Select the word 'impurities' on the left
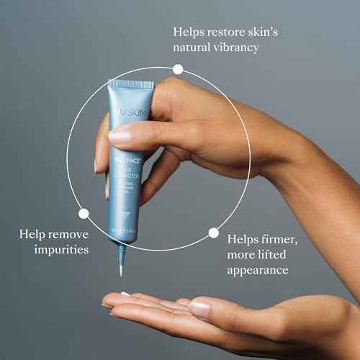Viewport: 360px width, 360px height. (x=63, y=250)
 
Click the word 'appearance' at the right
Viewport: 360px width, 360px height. (x=258, y=270)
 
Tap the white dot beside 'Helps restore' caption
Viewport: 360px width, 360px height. (x=178, y=69)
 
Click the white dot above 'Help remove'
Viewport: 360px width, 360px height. (x=84, y=213)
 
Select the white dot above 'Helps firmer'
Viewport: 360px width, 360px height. (x=213, y=233)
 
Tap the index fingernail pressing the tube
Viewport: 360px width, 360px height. (x=120, y=135)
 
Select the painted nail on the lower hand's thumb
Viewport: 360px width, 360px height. (x=199, y=310)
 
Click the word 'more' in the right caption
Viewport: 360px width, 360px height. (x=243, y=254)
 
